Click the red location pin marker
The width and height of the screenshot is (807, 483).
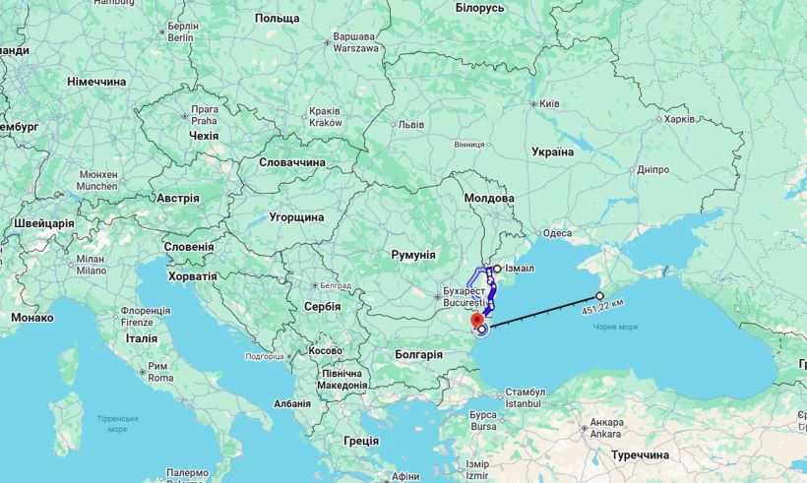pyautogui.click(x=477, y=321)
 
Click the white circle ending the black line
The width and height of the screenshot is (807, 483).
pyautogui.click(x=599, y=295)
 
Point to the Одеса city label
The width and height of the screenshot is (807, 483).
pyautogui.click(x=557, y=233)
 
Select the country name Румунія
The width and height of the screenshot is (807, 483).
pyautogui.click(x=413, y=255)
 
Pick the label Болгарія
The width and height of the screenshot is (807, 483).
pyautogui.click(x=418, y=354)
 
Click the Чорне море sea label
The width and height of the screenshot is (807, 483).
pyautogui.click(x=615, y=327)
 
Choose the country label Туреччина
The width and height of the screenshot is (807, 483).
pyautogui.click(x=640, y=455)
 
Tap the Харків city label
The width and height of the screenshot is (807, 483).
pyautogui.click(x=679, y=119)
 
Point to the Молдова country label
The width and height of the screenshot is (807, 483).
pyautogui.click(x=489, y=198)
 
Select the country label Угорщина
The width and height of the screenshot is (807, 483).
pyautogui.click(x=296, y=216)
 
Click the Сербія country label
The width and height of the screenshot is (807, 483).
pyautogui.click(x=323, y=306)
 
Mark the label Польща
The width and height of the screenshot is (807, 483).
pyautogui.click(x=277, y=19)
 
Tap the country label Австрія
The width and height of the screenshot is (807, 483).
pyautogui.click(x=178, y=198)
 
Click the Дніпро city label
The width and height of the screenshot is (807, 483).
pyautogui.click(x=652, y=169)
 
